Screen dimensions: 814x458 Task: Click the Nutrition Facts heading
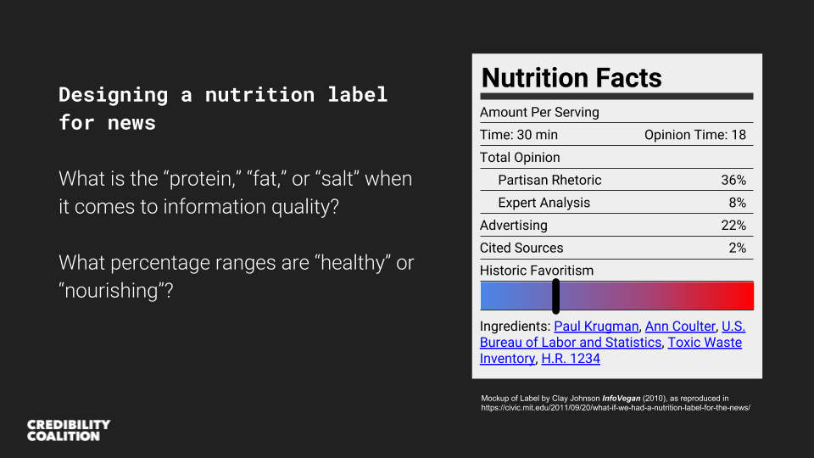point(571,78)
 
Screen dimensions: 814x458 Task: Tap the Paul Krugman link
point(596,326)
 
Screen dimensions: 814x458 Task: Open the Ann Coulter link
point(680,326)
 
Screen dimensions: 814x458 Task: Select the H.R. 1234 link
point(571,358)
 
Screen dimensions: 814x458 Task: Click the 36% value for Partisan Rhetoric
point(733,180)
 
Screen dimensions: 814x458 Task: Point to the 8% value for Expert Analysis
point(738,203)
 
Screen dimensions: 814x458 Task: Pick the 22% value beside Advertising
point(733,226)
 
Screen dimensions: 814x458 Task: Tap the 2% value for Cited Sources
point(738,248)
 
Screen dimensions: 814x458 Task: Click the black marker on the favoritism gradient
point(556,296)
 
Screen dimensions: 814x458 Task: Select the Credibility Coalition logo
point(69,431)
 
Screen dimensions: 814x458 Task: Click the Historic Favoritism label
point(536,271)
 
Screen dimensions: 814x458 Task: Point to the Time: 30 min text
point(519,135)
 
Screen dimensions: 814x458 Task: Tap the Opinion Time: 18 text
point(695,135)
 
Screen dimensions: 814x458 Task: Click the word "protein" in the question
point(200,179)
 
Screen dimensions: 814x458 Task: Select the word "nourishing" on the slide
point(116,290)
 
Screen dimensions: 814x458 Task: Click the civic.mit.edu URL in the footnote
point(616,408)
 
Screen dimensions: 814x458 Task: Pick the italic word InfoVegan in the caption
point(621,399)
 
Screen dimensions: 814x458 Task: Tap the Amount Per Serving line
point(539,112)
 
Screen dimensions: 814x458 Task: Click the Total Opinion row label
point(520,158)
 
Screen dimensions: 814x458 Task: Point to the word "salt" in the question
point(338,179)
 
